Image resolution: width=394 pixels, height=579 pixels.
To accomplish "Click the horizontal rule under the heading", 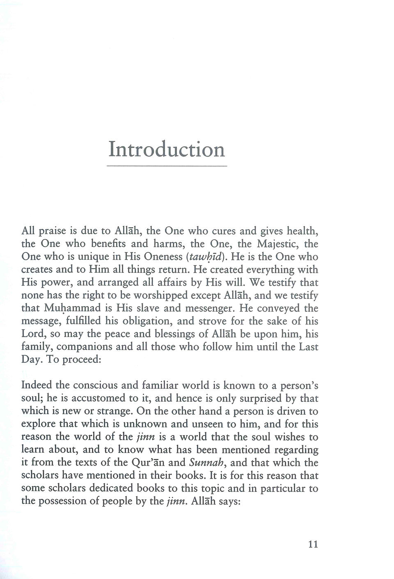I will click(x=167, y=166).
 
